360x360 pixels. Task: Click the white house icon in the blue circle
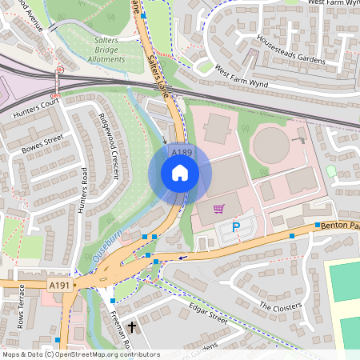click(x=180, y=172)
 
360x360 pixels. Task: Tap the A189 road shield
click(x=180, y=151)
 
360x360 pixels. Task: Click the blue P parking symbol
click(x=236, y=228)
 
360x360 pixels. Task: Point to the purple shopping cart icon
click(x=218, y=209)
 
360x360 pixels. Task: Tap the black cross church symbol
click(x=132, y=327)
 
